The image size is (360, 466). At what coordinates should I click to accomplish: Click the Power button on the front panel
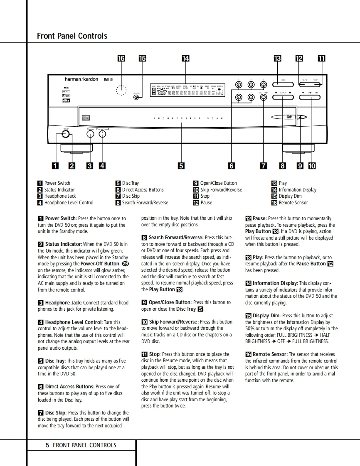[x=65, y=135]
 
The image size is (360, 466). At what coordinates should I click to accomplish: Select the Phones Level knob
[x=102, y=135]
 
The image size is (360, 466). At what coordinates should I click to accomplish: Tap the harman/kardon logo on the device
[x=81, y=79]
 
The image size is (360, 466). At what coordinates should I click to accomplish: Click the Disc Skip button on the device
[x=263, y=98]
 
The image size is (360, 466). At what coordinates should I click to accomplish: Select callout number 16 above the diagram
[x=121, y=59]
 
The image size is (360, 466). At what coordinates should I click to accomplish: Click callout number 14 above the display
[x=186, y=59]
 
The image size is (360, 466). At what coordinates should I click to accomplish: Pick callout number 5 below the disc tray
[x=181, y=166]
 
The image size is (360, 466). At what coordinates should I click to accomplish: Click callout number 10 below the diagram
[x=312, y=166]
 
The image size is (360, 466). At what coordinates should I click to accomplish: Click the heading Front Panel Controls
[x=72, y=36]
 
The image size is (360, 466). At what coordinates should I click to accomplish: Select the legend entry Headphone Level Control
[x=69, y=203]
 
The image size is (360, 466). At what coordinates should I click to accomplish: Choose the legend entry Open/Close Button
[x=218, y=183]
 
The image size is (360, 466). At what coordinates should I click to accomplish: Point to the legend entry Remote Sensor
[x=293, y=203]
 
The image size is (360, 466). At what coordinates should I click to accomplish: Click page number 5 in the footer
[x=47, y=445]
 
